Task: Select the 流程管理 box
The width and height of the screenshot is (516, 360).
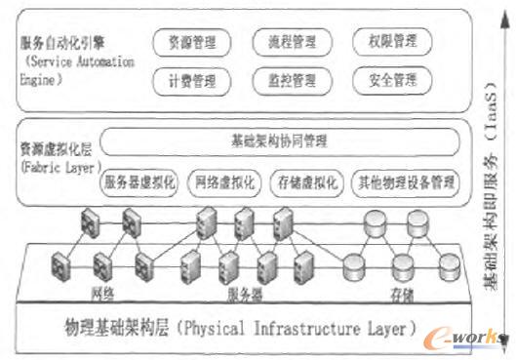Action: (x=291, y=43)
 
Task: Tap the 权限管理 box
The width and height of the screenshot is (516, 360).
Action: (x=392, y=43)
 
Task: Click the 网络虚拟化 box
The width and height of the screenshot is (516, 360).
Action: (x=224, y=180)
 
